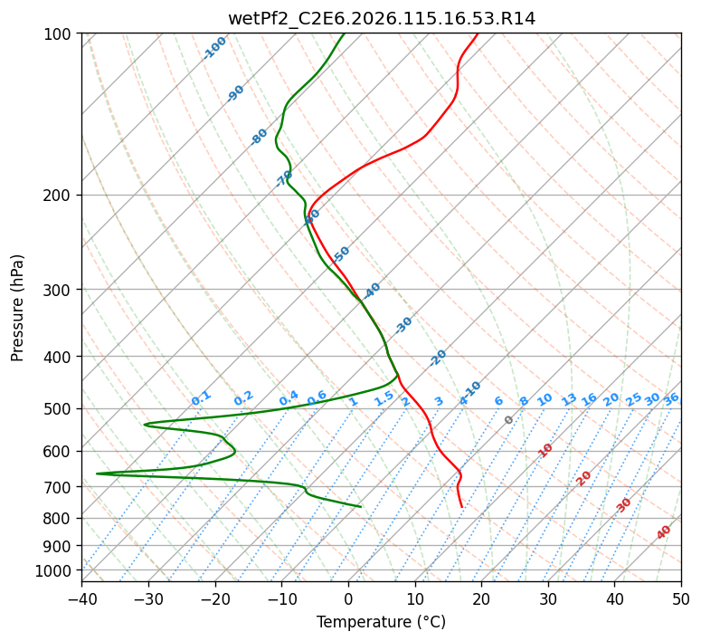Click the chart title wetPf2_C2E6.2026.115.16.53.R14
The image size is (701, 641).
click(381, 19)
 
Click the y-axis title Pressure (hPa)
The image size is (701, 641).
click(18, 308)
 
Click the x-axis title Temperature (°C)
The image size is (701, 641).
click(381, 622)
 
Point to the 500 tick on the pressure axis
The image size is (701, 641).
click(60, 408)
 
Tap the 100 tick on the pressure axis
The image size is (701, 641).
click(60, 33)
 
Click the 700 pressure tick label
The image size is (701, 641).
click(60, 487)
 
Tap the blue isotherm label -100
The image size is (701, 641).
click(215, 47)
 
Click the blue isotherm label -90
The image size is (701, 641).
click(236, 93)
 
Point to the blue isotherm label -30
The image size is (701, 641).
click(403, 325)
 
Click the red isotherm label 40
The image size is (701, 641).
click(664, 532)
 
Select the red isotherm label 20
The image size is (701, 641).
click(584, 477)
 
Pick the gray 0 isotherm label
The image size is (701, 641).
click(509, 420)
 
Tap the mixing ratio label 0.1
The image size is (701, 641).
click(201, 397)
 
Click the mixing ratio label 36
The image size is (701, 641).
click(671, 398)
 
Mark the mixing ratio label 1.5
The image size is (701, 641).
click(384, 397)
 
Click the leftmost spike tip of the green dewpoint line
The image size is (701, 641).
click(97, 473)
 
